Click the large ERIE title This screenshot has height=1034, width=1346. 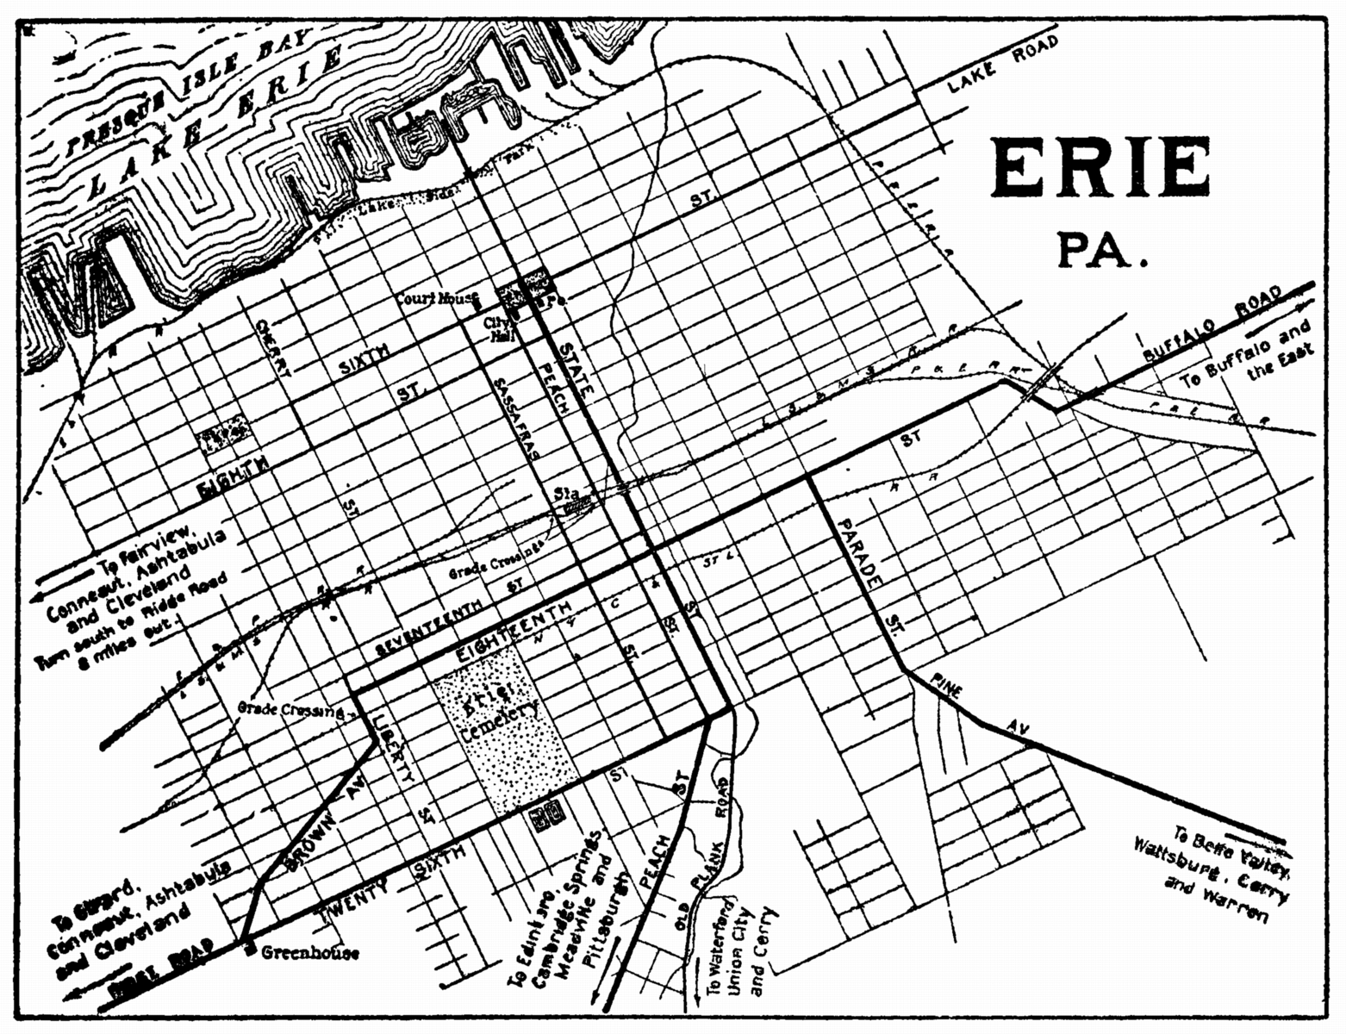(x=1100, y=168)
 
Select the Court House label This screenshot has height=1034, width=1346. (x=436, y=300)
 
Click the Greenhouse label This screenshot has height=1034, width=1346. (x=309, y=953)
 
